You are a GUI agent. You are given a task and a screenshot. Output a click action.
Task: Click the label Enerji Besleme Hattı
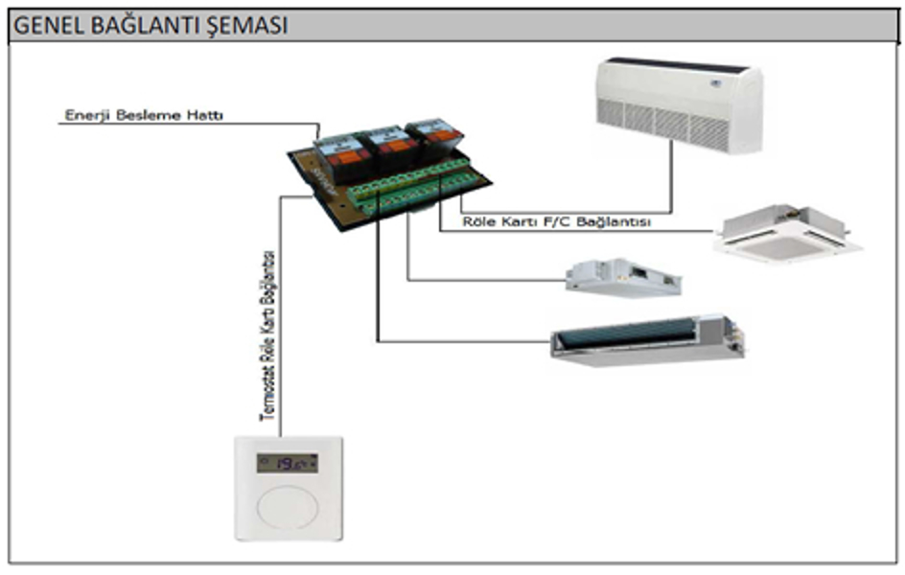click(x=144, y=116)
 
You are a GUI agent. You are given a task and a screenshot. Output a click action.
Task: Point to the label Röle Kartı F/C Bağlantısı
click(x=557, y=222)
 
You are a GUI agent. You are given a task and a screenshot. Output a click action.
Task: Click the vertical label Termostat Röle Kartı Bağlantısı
click(x=269, y=336)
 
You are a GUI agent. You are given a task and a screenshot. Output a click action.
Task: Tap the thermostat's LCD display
click(x=287, y=464)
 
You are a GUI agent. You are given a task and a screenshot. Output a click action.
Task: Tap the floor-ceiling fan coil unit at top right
click(x=679, y=105)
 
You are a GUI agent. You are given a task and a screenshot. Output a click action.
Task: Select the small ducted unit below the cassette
click(x=623, y=278)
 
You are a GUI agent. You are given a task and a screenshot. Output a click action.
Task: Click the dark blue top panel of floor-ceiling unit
click(x=676, y=65)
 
